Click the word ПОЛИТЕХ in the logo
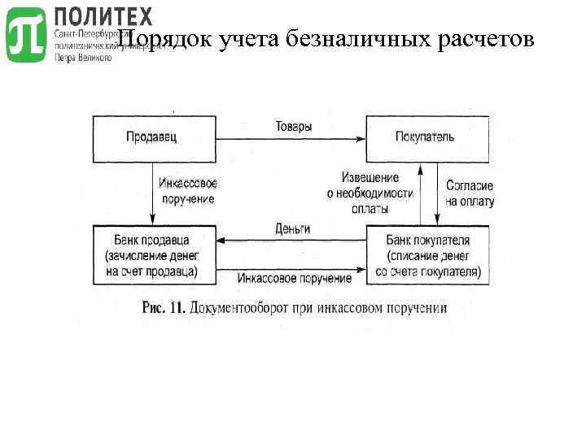point(103,15)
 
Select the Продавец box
point(153,137)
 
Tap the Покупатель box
point(426,137)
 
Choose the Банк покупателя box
point(428,255)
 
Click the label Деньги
point(292,228)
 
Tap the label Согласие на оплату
point(470,193)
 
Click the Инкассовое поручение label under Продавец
point(188,191)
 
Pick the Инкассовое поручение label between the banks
point(295,278)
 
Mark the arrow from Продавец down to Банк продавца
point(154,193)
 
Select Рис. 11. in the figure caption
point(165,308)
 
